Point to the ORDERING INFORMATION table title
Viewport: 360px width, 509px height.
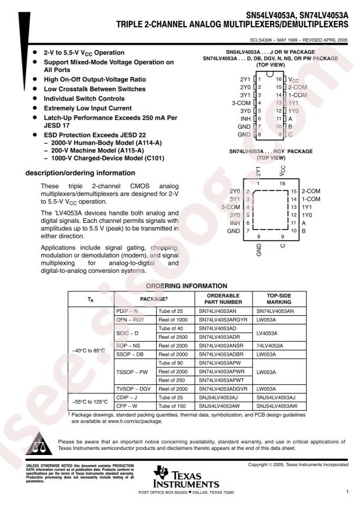(180, 285)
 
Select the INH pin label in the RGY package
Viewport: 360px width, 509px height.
(235, 223)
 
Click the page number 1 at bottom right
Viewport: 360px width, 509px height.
(346, 491)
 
